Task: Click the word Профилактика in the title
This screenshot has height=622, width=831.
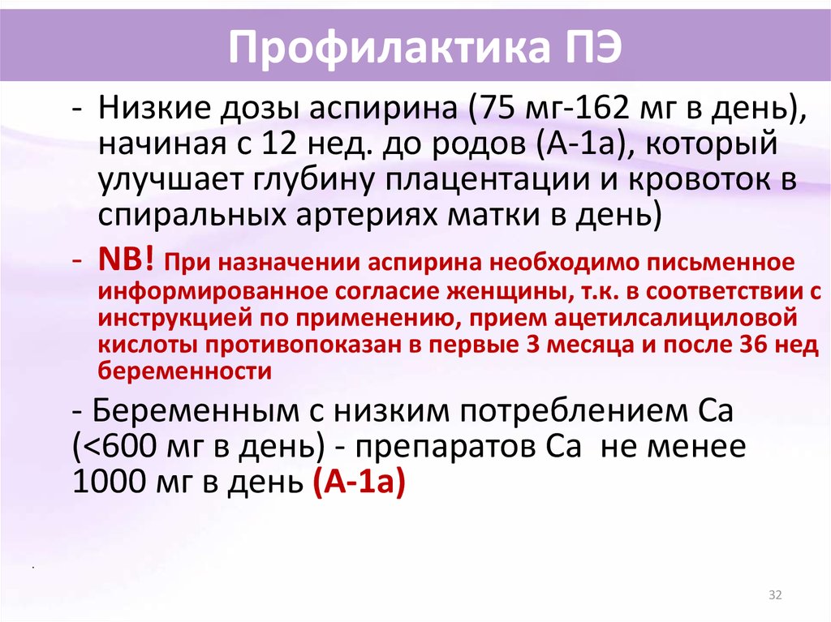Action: click(x=388, y=47)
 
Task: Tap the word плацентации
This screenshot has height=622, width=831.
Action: click(x=487, y=181)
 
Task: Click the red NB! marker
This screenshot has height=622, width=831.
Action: click(x=127, y=260)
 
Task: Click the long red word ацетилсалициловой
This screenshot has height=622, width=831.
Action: click(x=676, y=319)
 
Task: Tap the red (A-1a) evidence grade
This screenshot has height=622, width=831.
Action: click(x=360, y=483)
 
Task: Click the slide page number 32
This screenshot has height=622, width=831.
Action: click(x=775, y=595)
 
